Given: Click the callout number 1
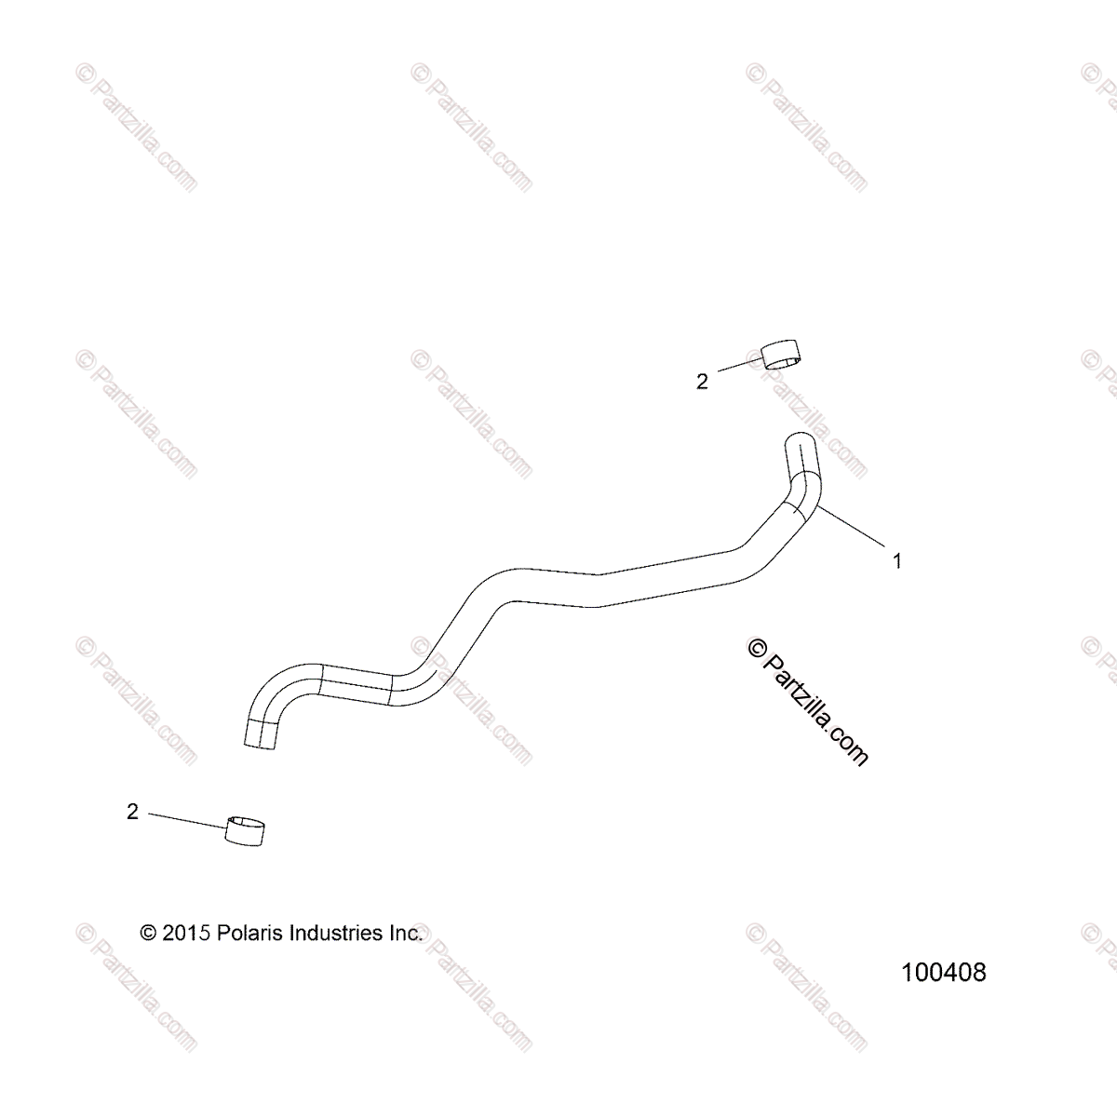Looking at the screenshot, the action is [897, 561].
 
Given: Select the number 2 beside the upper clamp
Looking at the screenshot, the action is [702, 381].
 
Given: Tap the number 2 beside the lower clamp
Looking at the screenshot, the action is [132, 812].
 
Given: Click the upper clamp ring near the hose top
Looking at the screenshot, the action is [784, 356].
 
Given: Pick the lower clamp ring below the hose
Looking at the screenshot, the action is [245, 830].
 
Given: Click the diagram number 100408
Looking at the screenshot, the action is [943, 973].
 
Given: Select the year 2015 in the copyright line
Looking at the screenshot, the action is [188, 932].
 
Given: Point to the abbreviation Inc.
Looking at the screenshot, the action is [404, 932].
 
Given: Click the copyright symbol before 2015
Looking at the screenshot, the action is [148, 932].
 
